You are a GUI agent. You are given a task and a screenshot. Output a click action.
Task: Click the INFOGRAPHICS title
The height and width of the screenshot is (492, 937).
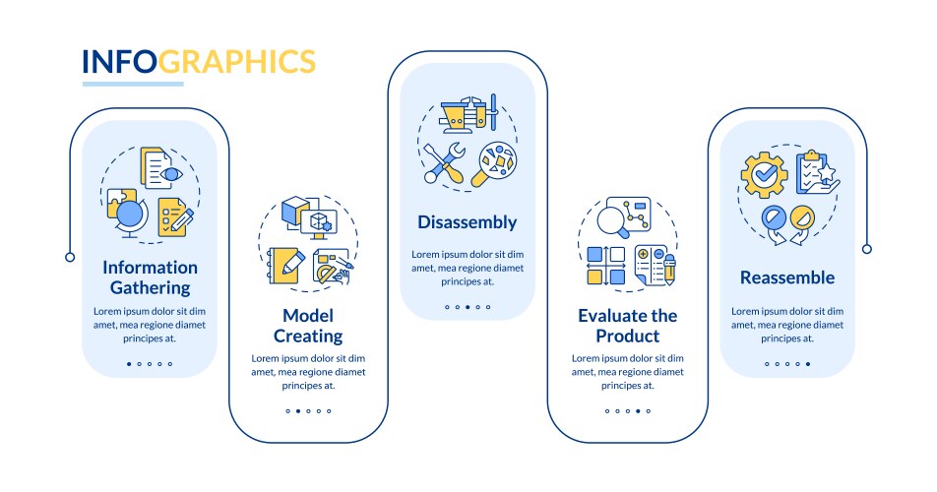[x=199, y=62]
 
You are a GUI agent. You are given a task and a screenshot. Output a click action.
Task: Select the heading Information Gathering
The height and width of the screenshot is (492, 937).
[x=150, y=277]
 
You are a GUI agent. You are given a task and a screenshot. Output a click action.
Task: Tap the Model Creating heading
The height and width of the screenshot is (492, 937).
[x=308, y=326]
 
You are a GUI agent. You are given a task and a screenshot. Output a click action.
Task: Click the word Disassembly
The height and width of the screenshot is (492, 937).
[x=468, y=222]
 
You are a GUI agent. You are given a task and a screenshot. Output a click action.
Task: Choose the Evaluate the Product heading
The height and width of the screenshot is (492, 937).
[x=628, y=326]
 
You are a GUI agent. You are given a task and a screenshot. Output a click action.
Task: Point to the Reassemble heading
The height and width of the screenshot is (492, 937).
[x=787, y=277]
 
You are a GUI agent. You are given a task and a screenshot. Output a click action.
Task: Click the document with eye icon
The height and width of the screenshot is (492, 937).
[x=160, y=169]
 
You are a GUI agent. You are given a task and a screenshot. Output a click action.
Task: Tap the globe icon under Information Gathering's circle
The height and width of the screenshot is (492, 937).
[x=128, y=214]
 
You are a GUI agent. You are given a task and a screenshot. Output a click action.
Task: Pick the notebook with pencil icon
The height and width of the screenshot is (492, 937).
[x=285, y=265]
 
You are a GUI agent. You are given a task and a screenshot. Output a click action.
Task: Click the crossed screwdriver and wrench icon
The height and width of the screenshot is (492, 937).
[x=445, y=162]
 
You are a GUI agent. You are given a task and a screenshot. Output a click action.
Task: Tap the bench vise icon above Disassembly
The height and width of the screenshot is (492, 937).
[x=468, y=113]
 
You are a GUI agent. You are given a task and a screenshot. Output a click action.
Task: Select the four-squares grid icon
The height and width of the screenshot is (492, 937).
[x=606, y=265]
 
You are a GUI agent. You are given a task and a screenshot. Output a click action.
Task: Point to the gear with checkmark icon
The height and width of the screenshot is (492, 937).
[x=764, y=174]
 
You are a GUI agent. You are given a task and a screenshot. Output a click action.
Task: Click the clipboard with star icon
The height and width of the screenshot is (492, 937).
[x=816, y=172]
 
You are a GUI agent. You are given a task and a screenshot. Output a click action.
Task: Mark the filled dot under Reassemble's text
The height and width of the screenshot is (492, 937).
[x=808, y=364]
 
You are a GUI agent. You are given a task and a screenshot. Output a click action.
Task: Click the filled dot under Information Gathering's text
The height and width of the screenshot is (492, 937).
[x=129, y=364]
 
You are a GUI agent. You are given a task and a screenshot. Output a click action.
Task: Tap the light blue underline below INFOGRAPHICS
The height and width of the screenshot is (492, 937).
[x=133, y=85]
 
